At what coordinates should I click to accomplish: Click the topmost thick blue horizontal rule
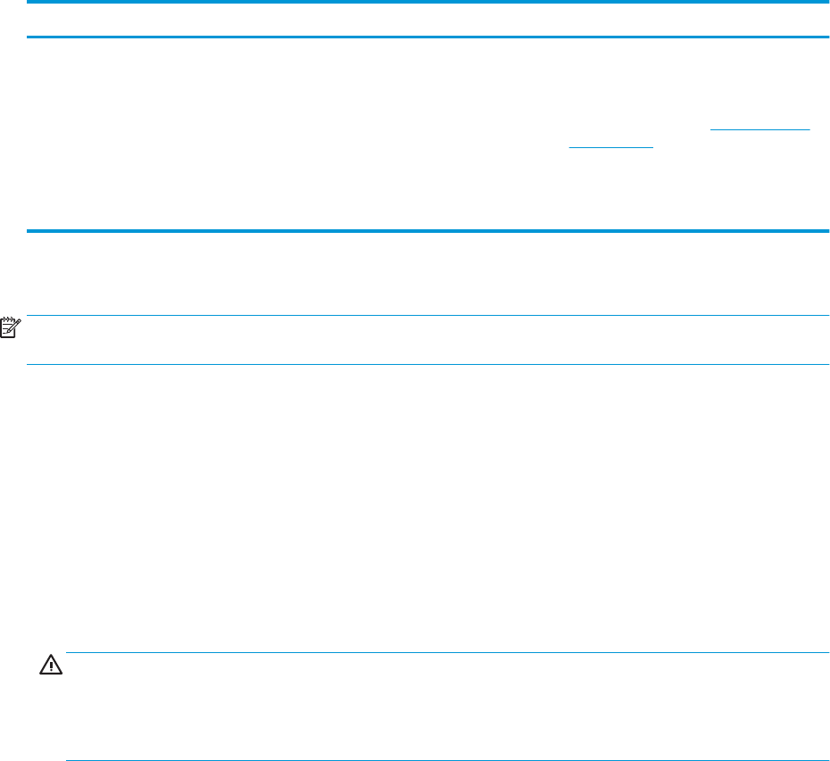(428, 3)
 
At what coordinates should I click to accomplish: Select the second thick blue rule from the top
(428, 37)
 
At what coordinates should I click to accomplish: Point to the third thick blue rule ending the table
(428, 232)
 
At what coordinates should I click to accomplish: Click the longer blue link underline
(759, 130)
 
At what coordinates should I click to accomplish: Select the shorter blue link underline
(611, 147)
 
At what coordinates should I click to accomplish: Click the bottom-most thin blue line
(446, 760)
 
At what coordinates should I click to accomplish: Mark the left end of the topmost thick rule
(29, 3)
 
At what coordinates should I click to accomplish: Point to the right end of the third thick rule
(827, 232)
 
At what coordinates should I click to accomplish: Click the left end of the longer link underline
(710, 130)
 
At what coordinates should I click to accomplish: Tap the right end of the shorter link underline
(653, 147)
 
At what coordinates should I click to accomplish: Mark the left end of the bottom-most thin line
(68, 760)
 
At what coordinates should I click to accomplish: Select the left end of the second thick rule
(29, 37)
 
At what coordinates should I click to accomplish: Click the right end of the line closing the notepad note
(827, 364)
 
